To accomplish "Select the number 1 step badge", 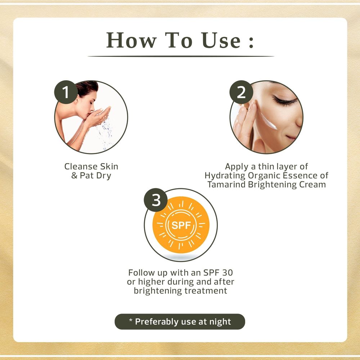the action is (x=66, y=92).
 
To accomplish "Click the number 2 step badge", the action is (x=241, y=92).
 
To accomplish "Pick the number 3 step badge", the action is (x=156, y=200).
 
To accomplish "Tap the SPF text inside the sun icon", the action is (x=181, y=225).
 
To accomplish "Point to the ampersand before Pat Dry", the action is (x=74, y=176).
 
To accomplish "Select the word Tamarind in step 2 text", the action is (x=226, y=184).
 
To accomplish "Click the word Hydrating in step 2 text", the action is (x=225, y=176).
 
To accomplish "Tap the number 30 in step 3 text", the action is (x=227, y=273).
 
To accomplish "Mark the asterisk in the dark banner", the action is (x=131, y=320).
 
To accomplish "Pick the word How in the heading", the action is (x=131, y=40).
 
